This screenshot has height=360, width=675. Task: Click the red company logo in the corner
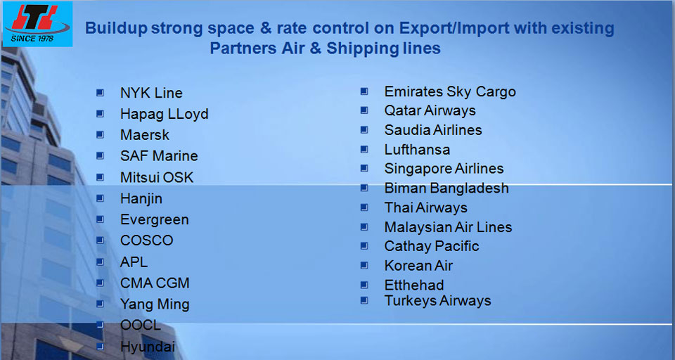point(37,20)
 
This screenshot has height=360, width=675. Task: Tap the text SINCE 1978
point(32,39)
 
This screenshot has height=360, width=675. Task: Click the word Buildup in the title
point(116,28)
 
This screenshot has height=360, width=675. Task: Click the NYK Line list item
point(151,93)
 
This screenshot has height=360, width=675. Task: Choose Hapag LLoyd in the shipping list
point(164,114)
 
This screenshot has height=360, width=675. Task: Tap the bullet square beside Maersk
point(100,135)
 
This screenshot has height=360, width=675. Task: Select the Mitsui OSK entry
point(157,177)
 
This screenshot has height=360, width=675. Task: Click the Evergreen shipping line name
point(155,219)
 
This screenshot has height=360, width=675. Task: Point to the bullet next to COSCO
point(100,240)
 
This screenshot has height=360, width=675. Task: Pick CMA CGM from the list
point(155,283)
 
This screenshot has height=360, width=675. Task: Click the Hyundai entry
point(148,346)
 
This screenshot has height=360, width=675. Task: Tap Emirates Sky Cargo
point(450,91)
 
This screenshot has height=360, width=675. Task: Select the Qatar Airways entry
point(430,110)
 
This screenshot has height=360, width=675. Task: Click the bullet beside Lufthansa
point(364,149)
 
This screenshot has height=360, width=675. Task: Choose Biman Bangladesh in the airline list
point(446,188)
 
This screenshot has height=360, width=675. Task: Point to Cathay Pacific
point(431,246)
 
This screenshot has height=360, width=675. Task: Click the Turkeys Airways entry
point(437,300)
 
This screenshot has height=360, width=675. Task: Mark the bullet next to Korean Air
point(364,265)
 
